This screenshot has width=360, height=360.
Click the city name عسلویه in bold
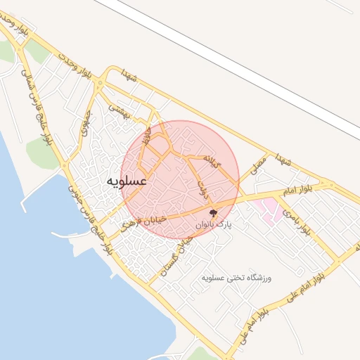(127, 181)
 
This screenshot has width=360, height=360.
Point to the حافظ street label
(146, 134)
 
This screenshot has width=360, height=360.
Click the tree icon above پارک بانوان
(213, 212)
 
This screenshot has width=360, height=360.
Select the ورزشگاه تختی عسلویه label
(236, 278)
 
